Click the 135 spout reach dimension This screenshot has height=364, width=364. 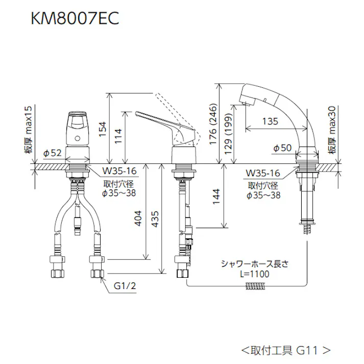(271, 122)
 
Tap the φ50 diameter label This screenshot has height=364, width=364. (281, 148)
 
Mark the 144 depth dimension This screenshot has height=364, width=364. (216, 196)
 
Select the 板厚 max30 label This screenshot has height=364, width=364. (332, 129)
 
